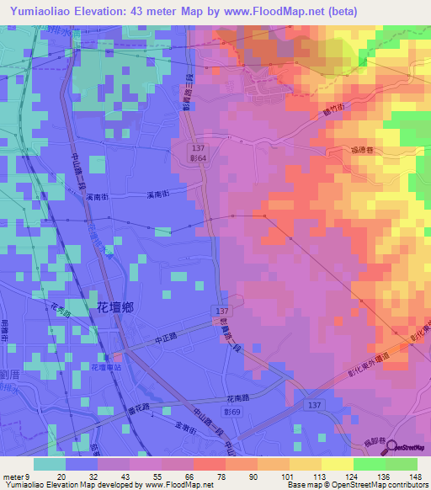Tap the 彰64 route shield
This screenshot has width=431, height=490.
(197, 158)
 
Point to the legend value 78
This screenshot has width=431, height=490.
(221, 476)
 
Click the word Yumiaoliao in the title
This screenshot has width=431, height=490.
(42, 12)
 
